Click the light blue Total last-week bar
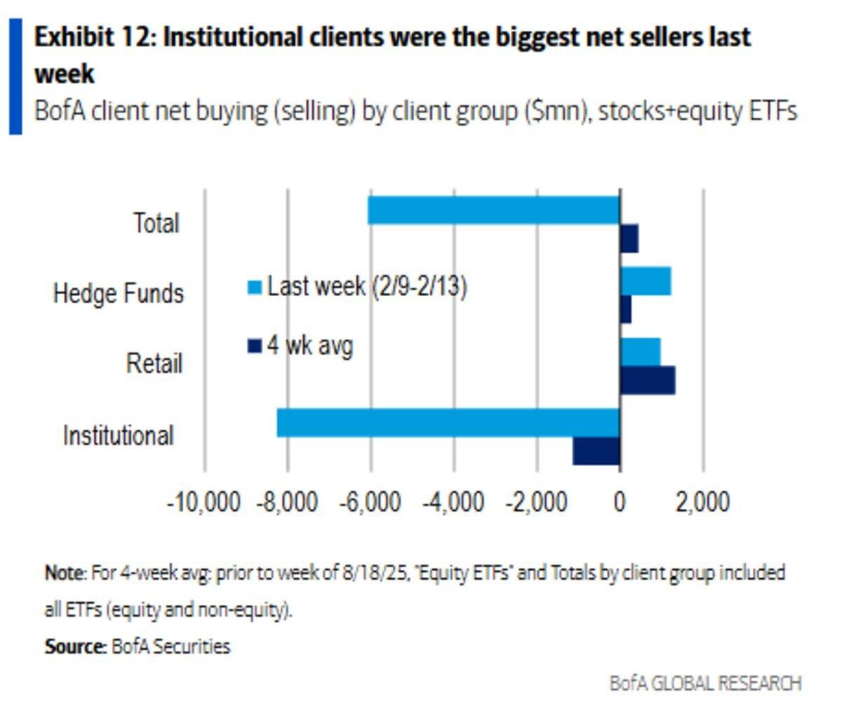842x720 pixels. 493,211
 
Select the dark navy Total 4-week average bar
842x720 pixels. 629,239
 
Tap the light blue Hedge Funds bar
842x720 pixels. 646,281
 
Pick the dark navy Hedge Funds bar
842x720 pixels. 626,309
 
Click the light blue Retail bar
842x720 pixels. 640,352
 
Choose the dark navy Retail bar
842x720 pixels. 648,380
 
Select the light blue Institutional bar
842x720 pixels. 448,422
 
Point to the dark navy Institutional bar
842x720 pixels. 596,451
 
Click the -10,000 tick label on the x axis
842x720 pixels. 203,502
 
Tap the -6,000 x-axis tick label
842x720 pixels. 370,502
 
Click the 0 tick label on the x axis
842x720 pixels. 620,502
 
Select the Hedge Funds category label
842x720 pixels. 119,293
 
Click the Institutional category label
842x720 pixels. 119,435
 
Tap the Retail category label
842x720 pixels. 154,364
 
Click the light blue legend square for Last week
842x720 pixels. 255,287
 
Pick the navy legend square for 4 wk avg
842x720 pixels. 255,346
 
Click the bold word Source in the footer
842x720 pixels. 74,646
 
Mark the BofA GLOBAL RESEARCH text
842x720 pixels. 705,683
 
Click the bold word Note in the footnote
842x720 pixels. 65,573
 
